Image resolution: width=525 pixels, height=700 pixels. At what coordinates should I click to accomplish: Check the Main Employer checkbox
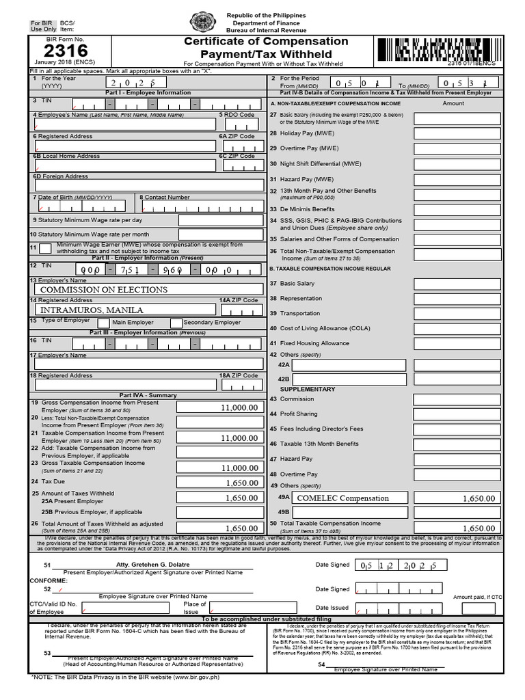coord(103,322)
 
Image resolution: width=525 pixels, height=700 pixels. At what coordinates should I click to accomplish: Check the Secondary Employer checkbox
coord(176,322)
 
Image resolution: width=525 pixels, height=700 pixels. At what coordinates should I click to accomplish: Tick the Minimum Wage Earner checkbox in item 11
coord(44,247)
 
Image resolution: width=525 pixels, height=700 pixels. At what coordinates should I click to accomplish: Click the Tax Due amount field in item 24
coord(219,483)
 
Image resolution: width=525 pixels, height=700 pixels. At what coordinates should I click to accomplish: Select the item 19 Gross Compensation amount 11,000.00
coord(219,407)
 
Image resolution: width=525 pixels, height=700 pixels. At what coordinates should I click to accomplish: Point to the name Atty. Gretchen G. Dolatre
coord(152,565)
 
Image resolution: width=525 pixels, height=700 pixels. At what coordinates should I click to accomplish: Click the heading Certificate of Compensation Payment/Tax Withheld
coord(266,48)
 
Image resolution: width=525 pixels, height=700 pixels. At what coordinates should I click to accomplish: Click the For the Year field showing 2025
coord(130,82)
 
